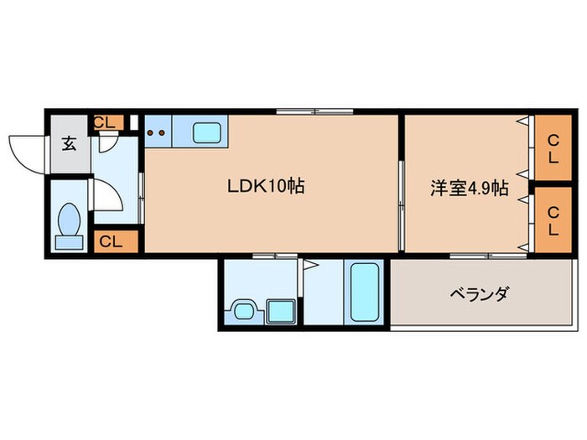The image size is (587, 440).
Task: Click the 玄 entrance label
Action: coord(68,142)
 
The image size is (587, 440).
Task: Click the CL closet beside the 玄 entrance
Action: coord(105,122)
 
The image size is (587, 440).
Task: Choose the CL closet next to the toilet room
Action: coord(111,241)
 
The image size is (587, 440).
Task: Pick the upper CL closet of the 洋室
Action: coord(553,148)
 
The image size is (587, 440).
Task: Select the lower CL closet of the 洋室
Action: coord(553,220)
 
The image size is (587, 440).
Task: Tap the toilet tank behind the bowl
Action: coord(70,242)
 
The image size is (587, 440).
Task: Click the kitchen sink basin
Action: coord(206,132)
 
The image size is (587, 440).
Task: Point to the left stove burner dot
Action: coord(151,132)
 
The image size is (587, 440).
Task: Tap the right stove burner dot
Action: coord(161,132)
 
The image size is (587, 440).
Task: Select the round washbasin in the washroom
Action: coord(243,311)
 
